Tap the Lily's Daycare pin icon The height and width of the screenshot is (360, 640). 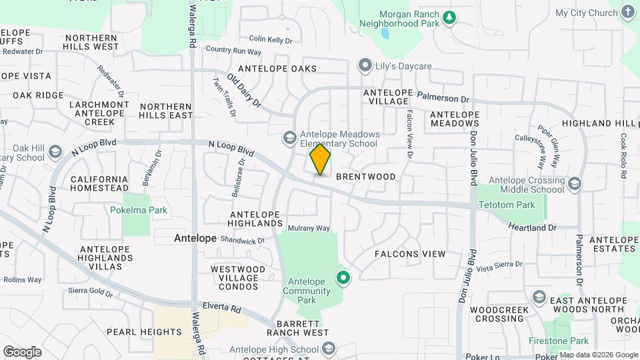tap(365, 66)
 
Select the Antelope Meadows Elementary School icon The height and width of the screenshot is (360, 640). tap(289, 138)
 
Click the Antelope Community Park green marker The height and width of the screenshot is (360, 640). tap(343, 277)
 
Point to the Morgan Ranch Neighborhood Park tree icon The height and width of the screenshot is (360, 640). tap(449, 18)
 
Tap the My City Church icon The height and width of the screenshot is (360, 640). tap(627, 12)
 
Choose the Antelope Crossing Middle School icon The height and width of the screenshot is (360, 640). tap(575, 184)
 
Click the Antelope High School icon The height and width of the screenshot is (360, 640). tap(329, 349)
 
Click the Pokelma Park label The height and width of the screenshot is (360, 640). tap(139, 210)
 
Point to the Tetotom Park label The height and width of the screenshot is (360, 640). tap(506, 205)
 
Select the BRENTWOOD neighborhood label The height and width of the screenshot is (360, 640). tap(365, 177)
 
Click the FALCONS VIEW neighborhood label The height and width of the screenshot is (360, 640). tap(409, 254)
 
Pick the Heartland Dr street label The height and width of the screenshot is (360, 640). tap(532, 227)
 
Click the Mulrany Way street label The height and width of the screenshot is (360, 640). tap(309, 228)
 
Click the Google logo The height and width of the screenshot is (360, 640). tap(22, 351)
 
